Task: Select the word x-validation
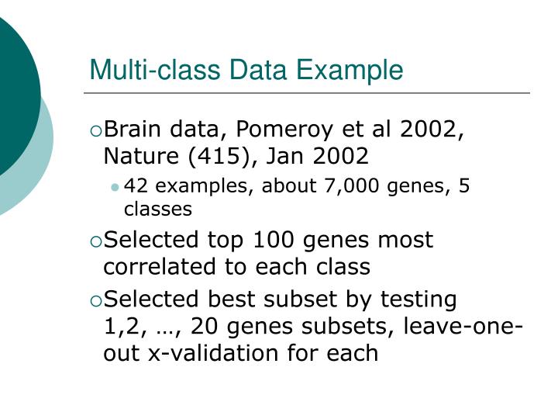[x=219, y=354]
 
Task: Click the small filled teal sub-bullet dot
[x=115, y=187]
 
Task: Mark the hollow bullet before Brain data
[x=95, y=130]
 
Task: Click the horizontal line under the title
[x=310, y=94]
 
